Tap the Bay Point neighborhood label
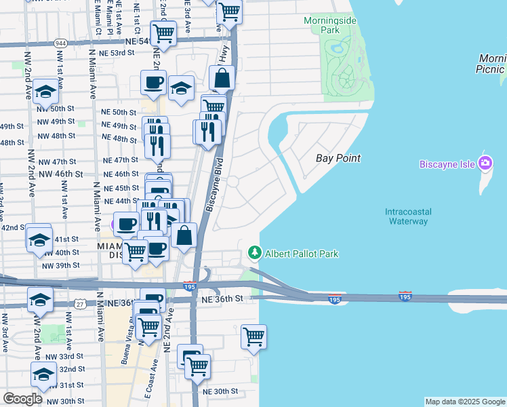338,158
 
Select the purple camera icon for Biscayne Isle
485,163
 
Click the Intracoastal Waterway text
407,216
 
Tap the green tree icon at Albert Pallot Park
255,253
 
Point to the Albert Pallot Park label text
302,254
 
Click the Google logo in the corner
22,399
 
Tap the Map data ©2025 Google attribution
465,402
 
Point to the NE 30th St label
220,391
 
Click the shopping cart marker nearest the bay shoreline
254,336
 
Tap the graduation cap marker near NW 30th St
44,375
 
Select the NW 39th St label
61,265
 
